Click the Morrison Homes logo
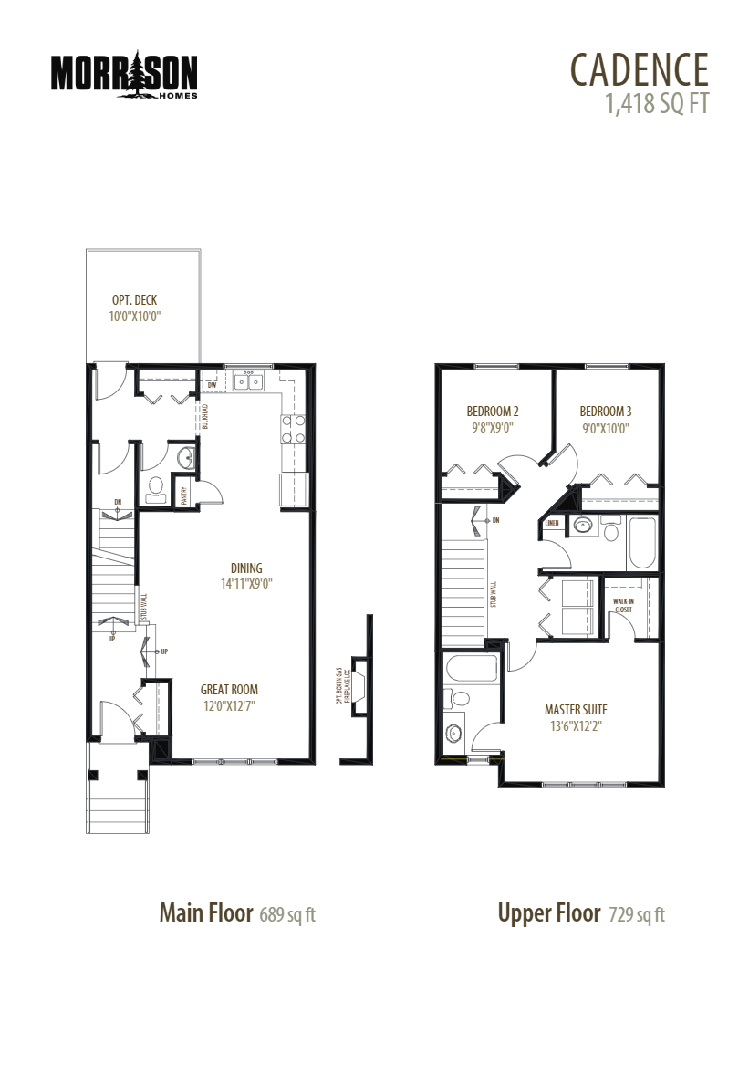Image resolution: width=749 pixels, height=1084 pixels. (x=124, y=74)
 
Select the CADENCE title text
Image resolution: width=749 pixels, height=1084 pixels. (x=639, y=69)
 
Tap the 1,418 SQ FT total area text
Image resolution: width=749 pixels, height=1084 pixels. (x=656, y=103)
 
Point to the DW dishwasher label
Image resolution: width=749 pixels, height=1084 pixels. (x=211, y=386)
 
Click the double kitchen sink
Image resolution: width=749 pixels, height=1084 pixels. (x=248, y=381)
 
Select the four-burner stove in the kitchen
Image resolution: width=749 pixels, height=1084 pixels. (x=292, y=429)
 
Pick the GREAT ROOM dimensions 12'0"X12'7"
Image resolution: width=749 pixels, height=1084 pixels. (x=229, y=705)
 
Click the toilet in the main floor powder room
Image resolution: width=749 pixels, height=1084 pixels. (x=155, y=486)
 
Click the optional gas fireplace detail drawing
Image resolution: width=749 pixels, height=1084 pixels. (x=359, y=686)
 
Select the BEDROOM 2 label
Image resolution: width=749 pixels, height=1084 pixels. (x=493, y=411)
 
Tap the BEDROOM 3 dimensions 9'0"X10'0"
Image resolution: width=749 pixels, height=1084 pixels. (x=605, y=427)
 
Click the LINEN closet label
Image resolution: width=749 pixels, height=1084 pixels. (x=552, y=524)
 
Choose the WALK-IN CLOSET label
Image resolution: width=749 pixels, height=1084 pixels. (x=623, y=605)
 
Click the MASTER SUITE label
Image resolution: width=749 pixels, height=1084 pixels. (x=576, y=709)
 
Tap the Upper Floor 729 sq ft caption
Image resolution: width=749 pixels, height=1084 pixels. (x=581, y=913)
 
